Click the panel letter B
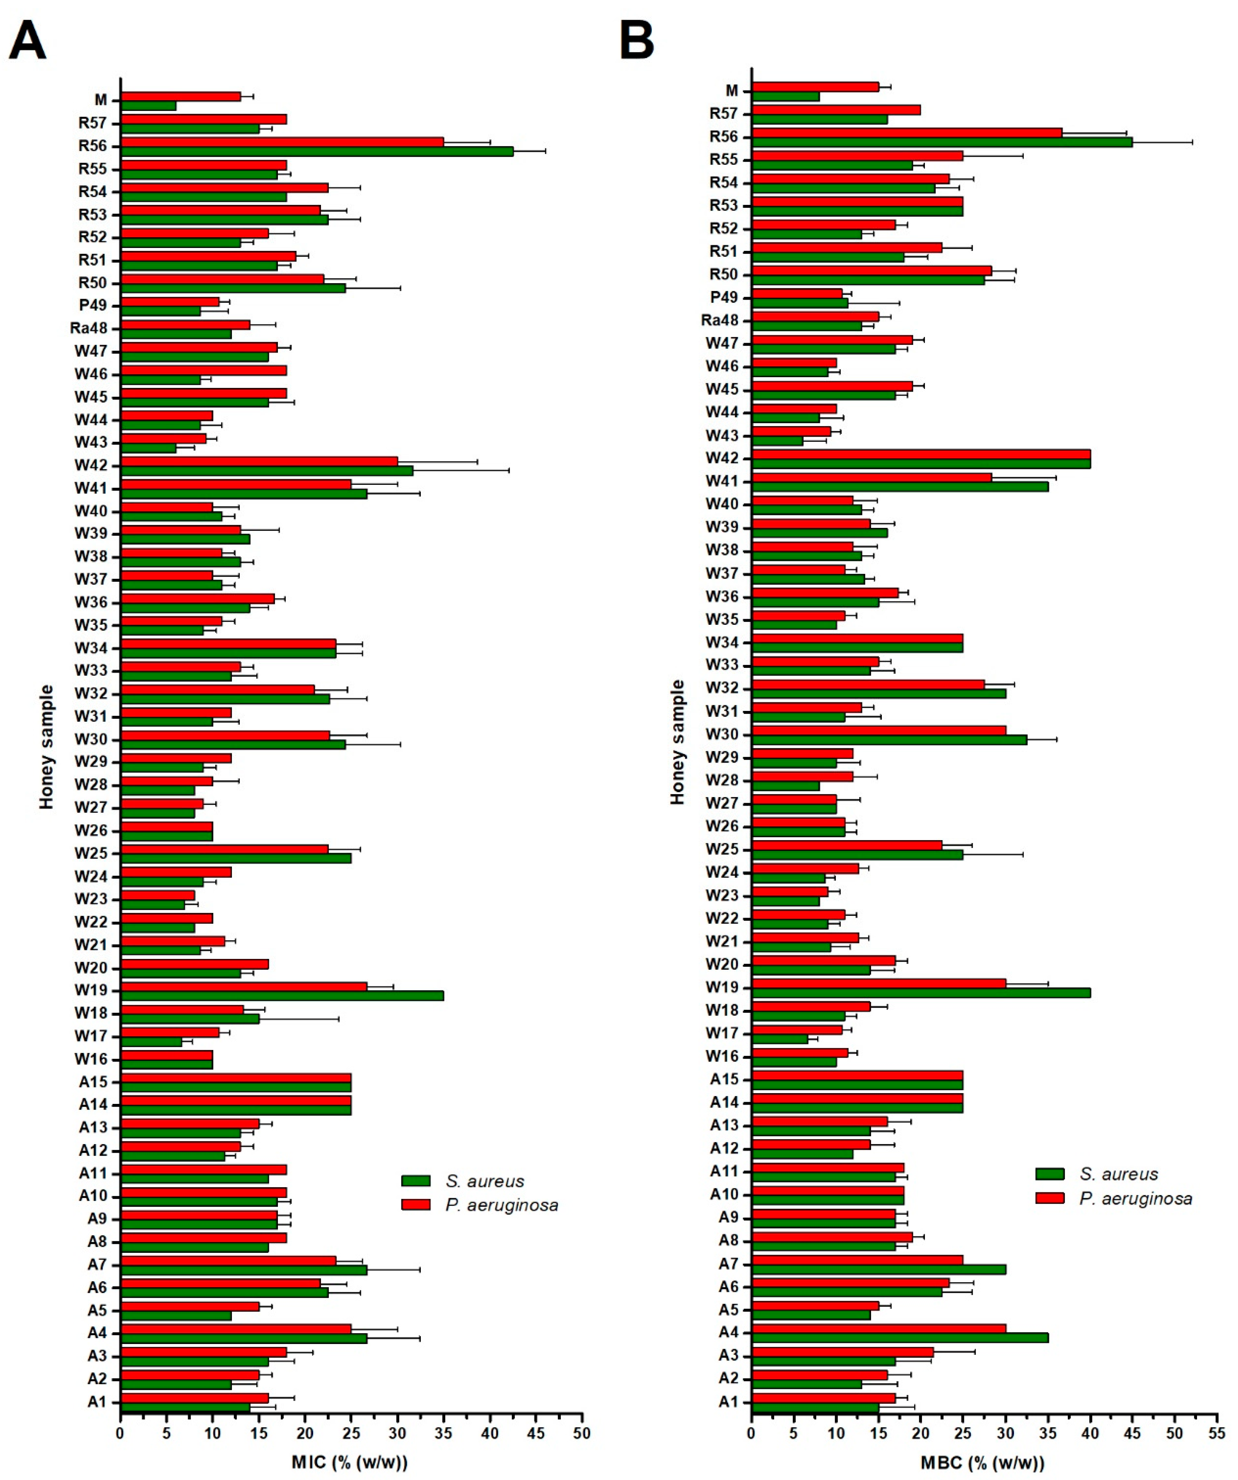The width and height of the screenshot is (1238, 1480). [x=637, y=41]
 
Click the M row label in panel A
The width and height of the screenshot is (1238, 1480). [x=101, y=100]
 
